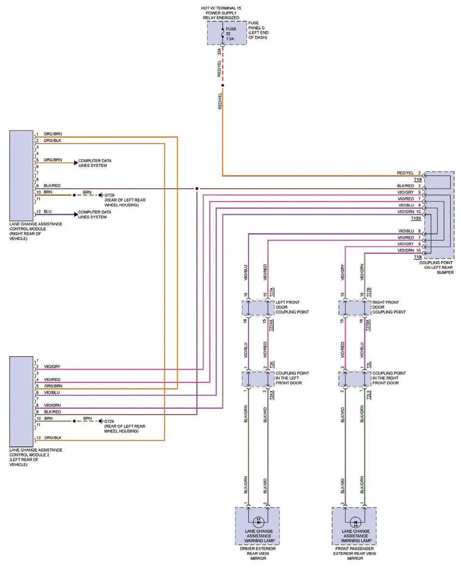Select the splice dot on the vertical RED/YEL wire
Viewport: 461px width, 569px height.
click(223, 85)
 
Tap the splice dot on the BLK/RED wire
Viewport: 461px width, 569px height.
click(196, 189)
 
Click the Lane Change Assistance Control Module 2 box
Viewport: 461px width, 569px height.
click(22, 401)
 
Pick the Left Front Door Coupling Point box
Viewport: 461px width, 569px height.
click(257, 307)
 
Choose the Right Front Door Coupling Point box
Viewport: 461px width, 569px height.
click(354, 307)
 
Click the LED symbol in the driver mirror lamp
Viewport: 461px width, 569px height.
click(257, 522)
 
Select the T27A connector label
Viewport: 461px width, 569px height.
click(272, 292)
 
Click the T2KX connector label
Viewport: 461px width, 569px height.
click(272, 394)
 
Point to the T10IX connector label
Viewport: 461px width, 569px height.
click(416, 218)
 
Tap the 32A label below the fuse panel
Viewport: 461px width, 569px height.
click(219, 52)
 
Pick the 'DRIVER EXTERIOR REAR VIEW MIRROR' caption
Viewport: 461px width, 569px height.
click(257, 554)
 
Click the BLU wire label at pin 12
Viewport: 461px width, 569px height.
click(47, 211)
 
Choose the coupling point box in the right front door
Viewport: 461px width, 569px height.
click(354, 379)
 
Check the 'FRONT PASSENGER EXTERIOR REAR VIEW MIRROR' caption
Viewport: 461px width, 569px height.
click(355, 554)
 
